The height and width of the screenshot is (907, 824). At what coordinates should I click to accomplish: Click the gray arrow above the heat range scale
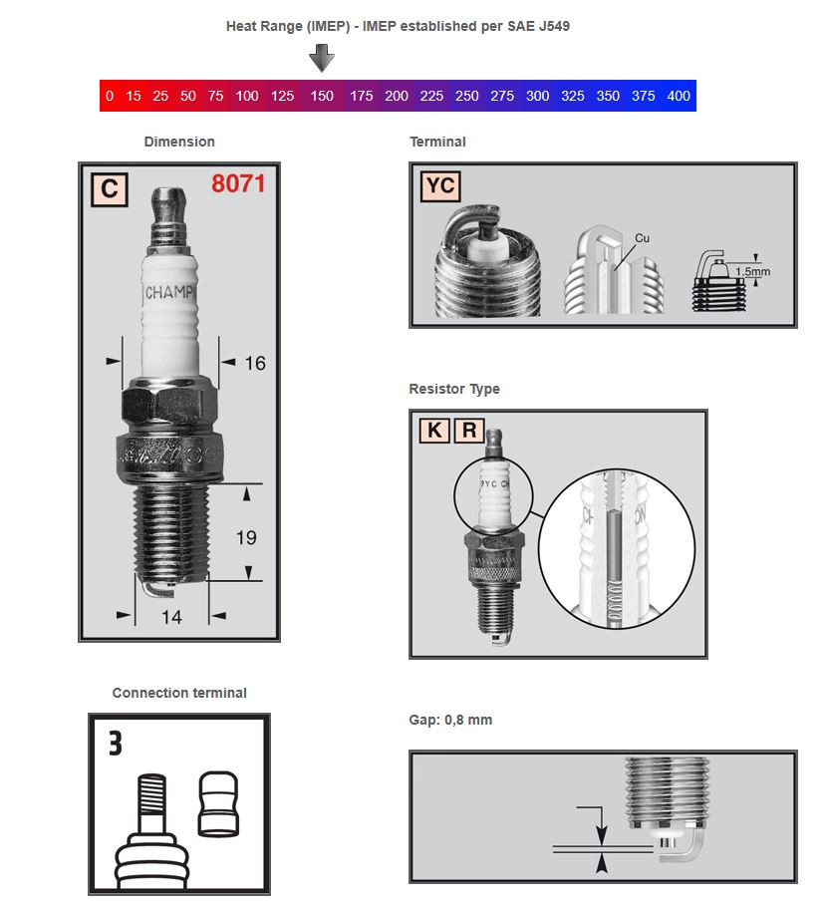point(321,59)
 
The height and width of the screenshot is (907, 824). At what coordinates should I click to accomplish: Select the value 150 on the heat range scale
point(322,97)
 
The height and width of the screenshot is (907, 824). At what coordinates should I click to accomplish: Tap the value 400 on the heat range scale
point(679,97)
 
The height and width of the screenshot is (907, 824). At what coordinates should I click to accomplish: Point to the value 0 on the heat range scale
point(109,97)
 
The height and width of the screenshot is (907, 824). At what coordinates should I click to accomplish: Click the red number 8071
point(238,184)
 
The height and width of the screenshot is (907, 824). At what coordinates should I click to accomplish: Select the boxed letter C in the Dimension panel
point(109,189)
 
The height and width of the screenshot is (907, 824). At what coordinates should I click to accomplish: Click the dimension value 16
point(255,364)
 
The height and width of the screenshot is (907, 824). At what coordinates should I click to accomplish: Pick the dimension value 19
point(246,537)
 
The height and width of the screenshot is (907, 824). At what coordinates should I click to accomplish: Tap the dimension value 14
point(171,617)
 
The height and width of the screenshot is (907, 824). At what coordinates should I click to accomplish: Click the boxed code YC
point(439,186)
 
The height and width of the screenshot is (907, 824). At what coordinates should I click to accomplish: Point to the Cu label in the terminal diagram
point(642,238)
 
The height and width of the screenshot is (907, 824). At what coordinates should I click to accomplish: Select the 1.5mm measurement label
point(752,271)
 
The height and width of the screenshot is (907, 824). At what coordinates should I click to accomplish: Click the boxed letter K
point(433,431)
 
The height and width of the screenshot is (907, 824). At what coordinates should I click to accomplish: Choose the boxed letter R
point(468,431)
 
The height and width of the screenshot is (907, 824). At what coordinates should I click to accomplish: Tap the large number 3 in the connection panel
point(116,744)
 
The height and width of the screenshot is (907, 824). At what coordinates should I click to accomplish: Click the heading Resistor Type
point(454,389)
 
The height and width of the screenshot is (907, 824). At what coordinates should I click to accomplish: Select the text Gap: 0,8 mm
point(450,720)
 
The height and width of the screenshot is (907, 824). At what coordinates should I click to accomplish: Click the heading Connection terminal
point(179,693)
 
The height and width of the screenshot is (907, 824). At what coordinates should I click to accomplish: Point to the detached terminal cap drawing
point(218,803)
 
